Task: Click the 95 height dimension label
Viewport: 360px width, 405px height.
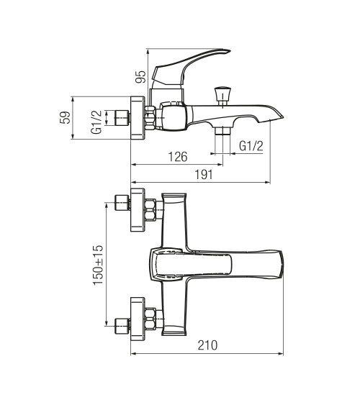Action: point(140,77)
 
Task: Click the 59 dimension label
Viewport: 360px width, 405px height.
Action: point(65,117)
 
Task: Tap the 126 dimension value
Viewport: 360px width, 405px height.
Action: point(178,157)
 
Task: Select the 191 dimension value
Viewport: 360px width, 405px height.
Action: point(204,175)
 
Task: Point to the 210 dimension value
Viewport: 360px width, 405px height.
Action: point(208,345)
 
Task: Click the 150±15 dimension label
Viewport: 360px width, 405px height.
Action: point(98,265)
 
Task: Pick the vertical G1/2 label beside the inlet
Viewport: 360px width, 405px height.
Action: point(96,122)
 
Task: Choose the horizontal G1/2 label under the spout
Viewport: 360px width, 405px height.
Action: point(251,146)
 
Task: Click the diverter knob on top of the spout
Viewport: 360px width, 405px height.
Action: point(222,96)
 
